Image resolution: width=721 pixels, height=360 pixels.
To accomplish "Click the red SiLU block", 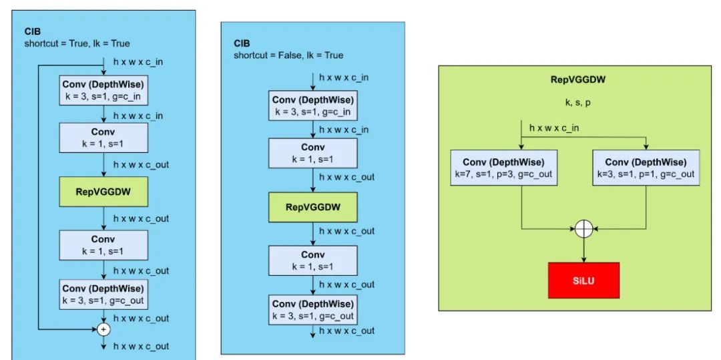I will pyautogui.click(x=584, y=281).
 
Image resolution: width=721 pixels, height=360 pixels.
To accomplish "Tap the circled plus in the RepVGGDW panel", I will pyautogui.click(x=584, y=229).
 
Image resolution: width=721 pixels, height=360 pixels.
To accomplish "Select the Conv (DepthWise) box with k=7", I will pyautogui.click(x=504, y=168).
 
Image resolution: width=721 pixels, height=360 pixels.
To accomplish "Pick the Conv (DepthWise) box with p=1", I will pyautogui.click(x=646, y=168).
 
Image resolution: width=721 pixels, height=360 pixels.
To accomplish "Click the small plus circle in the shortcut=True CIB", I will pyautogui.click(x=103, y=329).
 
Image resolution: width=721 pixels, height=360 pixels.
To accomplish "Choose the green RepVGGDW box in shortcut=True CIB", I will pyautogui.click(x=103, y=192).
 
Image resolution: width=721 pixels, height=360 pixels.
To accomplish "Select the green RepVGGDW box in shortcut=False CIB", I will pyautogui.click(x=312, y=207).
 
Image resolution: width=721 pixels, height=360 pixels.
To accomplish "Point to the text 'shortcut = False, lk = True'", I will pyautogui.click(x=288, y=55).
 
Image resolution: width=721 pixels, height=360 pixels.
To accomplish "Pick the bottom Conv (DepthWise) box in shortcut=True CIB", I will pyautogui.click(x=103, y=295).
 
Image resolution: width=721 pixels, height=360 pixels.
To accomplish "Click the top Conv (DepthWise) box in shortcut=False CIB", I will pyautogui.click(x=312, y=106).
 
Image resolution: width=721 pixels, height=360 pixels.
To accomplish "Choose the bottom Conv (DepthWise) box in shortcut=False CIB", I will pyautogui.click(x=312, y=309).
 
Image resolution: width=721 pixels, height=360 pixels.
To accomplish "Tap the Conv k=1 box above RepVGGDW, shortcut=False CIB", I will pyautogui.click(x=312, y=153).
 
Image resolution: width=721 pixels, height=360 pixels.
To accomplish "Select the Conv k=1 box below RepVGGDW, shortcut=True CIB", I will pyautogui.click(x=103, y=244).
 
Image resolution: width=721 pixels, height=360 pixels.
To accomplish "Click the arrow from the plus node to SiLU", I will pyautogui.click(x=584, y=250).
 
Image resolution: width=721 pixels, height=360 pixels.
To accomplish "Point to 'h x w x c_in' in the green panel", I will pyautogui.click(x=554, y=128).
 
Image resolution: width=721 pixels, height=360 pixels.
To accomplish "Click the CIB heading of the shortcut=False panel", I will pyautogui.click(x=242, y=43).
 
